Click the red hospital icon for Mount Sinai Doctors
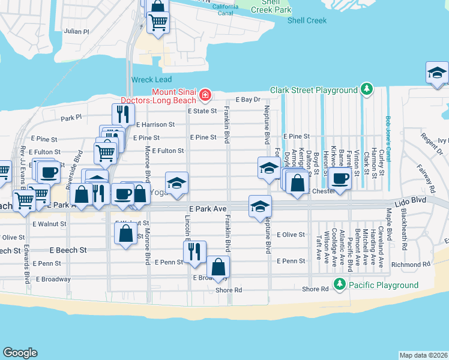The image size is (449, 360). pos(206,95)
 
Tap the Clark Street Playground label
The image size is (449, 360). pos(313,90)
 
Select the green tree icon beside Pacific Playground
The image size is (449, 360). pos(340,284)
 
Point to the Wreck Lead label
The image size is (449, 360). pos(151,80)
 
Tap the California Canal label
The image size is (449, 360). pos(225,9)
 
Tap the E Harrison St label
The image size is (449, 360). pos(155,125)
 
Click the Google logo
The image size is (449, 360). pos(20,353)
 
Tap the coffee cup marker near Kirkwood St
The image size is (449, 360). pos(340,179)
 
